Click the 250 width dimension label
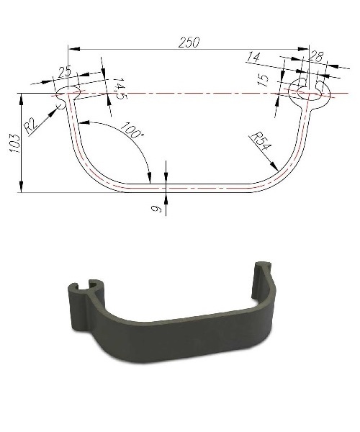pyautogui.click(x=189, y=42)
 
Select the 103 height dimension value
pyautogui.click(x=14, y=143)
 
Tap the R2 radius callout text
pyautogui.click(x=30, y=125)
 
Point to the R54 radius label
pyautogui.click(x=261, y=141)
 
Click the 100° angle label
pyautogui.click(x=132, y=130)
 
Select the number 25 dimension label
pyautogui.click(x=65, y=71)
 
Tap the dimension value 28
pyautogui.click(x=315, y=57)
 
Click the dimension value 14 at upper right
pyautogui.click(x=253, y=58)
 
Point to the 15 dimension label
pyautogui.click(x=264, y=80)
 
